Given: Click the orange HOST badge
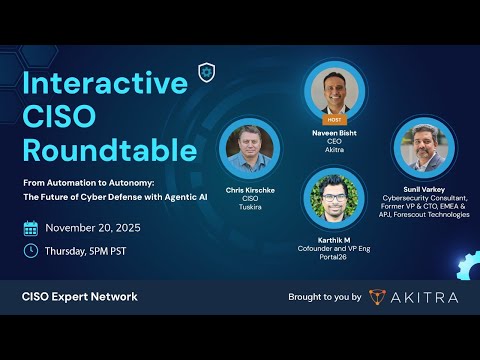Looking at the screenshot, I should pyautogui.click(x=334, y=119).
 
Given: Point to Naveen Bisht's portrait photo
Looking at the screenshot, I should pyautogui.click(x=334, y=93).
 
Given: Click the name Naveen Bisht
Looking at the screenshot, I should pyautogui.click(x=334, y=132).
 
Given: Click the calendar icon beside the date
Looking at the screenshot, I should pyautogui.click(x=30, y=227).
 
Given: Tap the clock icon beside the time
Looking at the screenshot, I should pyautogui.click(x=30, y=250).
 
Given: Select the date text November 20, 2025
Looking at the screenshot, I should pyautogui.click(x=97, y=228).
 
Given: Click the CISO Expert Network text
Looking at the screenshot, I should pyautogui.click(x=80, y=296).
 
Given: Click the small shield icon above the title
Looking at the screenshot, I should pyautogui.click(x=207, y=71).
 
